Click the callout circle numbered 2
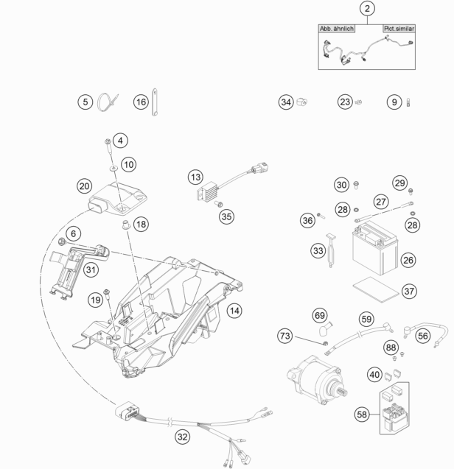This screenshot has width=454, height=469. click(367, 8)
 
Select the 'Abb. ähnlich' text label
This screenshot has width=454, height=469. click(337, 29)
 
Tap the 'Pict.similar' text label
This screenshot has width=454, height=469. click(399, 29)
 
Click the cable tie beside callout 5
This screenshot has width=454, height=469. click(107, 102)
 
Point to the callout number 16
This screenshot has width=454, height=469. click(141, 102)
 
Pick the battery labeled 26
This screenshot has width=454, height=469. click(375, 248)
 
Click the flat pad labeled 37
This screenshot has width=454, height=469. click(376, 289)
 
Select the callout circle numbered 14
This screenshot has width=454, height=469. click(234, 311)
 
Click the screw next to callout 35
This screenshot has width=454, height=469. click(219, 204)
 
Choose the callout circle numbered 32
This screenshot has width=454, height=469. click(183, 437)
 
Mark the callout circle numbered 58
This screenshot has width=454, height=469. click(362, 415)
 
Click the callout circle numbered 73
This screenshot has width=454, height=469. click(284, 336)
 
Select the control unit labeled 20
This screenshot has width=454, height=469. click(119, 199)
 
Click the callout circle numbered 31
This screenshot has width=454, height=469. click(91, 269)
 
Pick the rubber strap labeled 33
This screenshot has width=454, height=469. click(331, 250)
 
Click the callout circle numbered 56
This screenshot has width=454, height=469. click(423, 336)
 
